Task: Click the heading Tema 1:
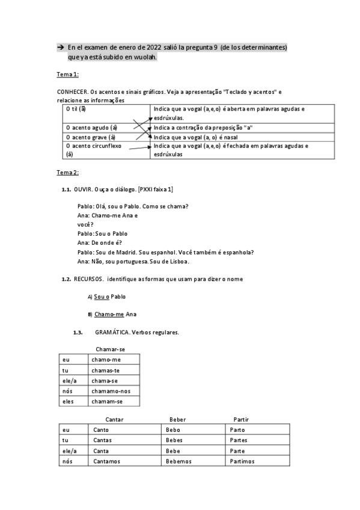[67, 75]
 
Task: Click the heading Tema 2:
[67, 173]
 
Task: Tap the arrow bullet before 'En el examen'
[61, 47]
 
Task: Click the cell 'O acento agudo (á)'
[92, 128]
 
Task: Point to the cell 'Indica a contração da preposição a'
[203, 128]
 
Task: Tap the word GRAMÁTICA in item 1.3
[112, 333]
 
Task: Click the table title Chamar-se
[110, 349]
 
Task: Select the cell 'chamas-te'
[105, 370]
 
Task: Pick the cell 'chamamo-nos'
[109, 391]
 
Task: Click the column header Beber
[178, 419]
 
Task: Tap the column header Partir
[241, 419]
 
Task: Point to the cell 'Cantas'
[103, 440]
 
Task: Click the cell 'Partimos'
[242, 461]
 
